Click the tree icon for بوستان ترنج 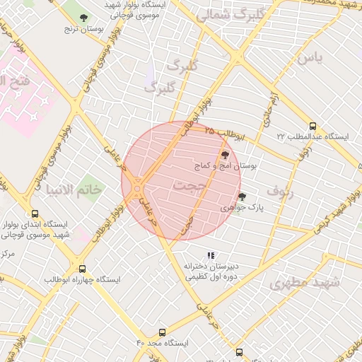(84, 18)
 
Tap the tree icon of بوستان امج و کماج (225, 153)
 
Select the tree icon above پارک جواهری (242, 197)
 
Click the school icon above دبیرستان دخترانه (210, 255)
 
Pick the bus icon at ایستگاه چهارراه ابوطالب (83, 269)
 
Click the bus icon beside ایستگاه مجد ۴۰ (162, 332)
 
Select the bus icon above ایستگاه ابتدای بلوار (35, 214)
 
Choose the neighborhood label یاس (309, 58)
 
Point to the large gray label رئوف (279, 189)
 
